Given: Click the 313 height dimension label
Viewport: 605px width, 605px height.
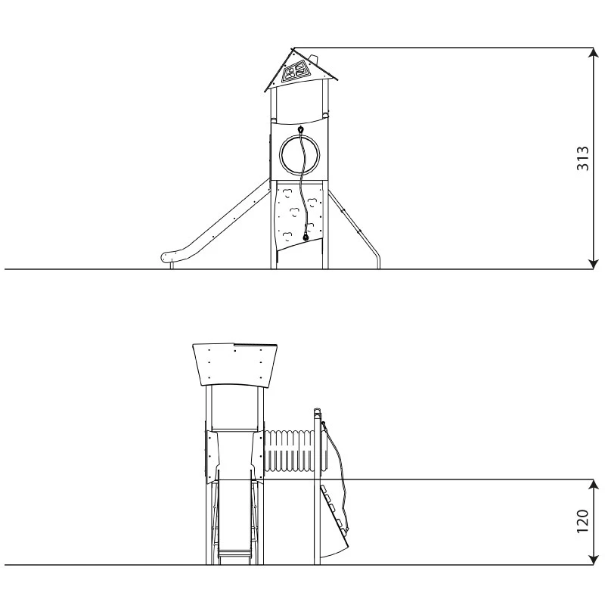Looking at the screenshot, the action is [582, 158].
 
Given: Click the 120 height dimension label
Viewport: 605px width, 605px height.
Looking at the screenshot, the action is [582, 521].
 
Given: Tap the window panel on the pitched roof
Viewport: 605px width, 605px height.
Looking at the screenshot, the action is [295, 73].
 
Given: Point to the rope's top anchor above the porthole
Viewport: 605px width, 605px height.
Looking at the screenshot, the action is [300, 129].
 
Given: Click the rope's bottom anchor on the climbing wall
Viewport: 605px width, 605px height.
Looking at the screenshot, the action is [306, 237].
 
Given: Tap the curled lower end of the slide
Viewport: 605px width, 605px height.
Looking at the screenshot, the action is [167, 257].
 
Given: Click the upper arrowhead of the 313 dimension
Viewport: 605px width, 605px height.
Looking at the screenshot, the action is [593, 54].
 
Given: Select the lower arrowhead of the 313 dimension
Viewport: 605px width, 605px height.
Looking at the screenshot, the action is [593, 263].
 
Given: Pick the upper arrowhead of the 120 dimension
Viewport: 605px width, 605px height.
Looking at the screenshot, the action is [593, 486].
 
